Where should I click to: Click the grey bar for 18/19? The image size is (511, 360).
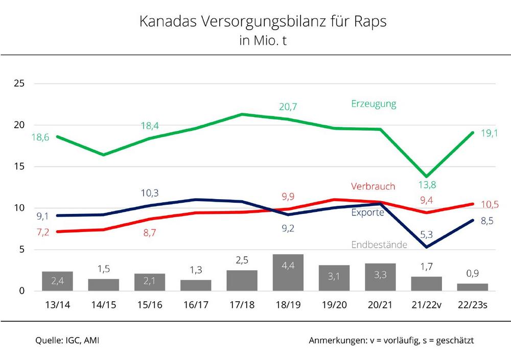[x=288, y=273]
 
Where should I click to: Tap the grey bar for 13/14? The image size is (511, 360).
[x=57, y=281]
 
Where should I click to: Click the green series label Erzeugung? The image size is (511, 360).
[x=374, y=104]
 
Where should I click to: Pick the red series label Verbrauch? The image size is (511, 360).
[x=373, y=186]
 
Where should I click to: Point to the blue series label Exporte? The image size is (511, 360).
[x=367, y=212]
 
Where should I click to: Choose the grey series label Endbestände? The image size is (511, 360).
[x=379, y=245]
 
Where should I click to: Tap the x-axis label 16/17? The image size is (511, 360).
[x=196, y=305]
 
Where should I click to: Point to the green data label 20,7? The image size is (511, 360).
[x=288, y=107]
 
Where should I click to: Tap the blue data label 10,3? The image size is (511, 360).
[x=149, y=193]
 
